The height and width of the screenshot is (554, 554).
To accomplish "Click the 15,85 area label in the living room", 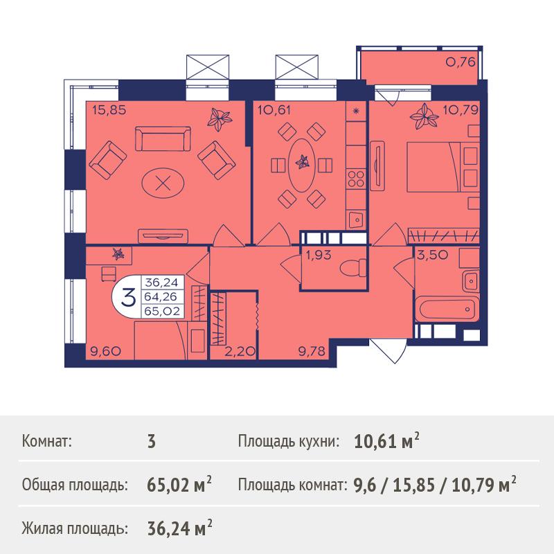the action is [x=109, y=110].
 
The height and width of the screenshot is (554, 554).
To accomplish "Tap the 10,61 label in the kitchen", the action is [x=274, y=110].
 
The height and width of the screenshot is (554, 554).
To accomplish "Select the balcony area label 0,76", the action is [x=461, y=62].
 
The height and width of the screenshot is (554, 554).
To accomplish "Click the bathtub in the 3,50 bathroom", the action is [x=447, y=310].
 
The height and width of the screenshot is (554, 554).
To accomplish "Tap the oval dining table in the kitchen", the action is [x=301, y=165].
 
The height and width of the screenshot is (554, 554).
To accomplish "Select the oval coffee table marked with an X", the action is [x=163, y=183].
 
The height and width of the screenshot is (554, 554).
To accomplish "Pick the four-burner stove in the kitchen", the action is [x=356, y=179].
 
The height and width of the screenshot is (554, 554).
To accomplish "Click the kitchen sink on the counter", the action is [x=357, y=220].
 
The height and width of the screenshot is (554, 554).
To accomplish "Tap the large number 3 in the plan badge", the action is [x=128, y=297].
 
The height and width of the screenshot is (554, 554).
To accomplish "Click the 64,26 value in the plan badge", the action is [x=161, y=297].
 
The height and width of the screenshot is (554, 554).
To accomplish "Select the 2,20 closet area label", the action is [x=240, y=351].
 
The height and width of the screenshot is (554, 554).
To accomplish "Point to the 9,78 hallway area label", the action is [x=312, y=351].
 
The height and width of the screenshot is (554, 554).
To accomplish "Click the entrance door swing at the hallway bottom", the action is [x=388, y=351].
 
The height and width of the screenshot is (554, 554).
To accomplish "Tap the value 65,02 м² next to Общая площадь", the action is [x=179, y=485].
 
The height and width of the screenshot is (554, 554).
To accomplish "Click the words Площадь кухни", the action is [x=288, y=442].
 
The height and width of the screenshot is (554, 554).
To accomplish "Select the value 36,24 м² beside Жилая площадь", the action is [x=179, y=528].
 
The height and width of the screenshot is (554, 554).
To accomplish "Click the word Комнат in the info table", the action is [x=46, y=442].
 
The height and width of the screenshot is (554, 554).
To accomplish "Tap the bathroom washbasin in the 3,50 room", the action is [x=471, y=280].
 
